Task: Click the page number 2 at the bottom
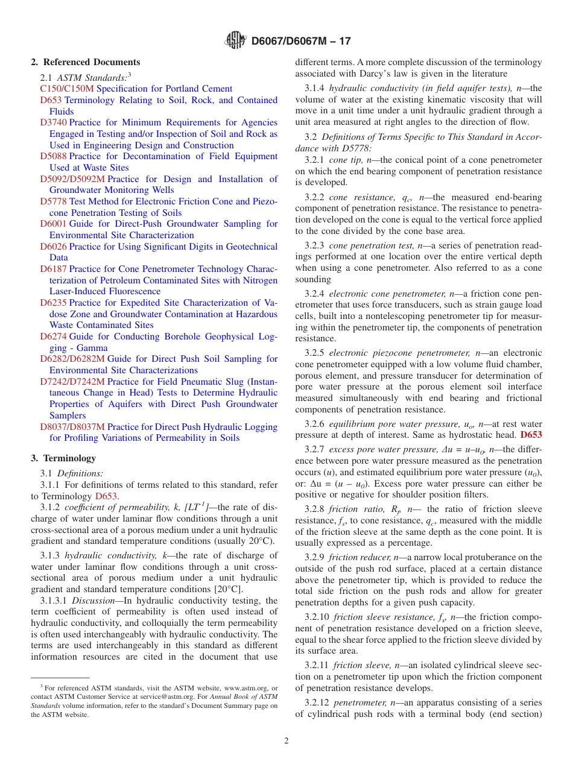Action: pyautogui.click(x=286, y=740)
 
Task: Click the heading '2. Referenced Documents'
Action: pyautogui.click(x=86, y=62)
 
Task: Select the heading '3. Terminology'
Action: pyautogui.click(x=63, y=458)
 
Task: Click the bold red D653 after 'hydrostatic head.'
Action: pyautogui.click(x=531, y=435)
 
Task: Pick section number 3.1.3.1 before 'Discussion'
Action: pyautogui.click(x=54, y=601)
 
